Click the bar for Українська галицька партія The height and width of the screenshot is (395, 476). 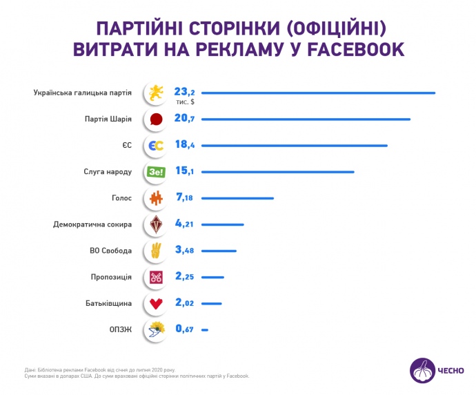(319, 93)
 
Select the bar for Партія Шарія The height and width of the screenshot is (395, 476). (306, 119)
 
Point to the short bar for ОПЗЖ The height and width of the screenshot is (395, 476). (205, 330)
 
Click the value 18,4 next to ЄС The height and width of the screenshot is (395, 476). (186, 146)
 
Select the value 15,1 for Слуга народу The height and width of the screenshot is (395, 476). (186, 172)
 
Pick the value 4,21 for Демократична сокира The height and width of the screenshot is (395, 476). (187, 224)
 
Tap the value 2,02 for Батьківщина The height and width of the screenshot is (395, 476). (187, 303)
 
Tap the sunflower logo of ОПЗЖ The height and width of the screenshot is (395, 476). (156, 330)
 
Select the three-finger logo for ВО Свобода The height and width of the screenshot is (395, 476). (156, 251)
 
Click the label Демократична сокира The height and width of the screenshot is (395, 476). (92, 224)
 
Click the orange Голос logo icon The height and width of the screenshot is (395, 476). (156, 199)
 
